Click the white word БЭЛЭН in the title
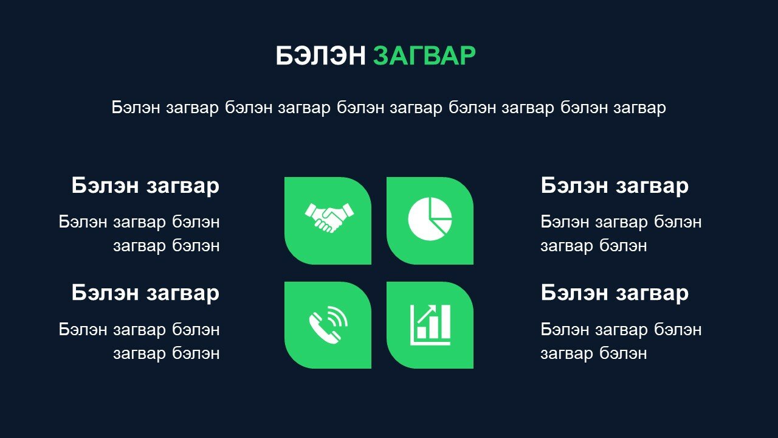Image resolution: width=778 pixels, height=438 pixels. pos(320,55)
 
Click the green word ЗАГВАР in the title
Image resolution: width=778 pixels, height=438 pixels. pos(424,55)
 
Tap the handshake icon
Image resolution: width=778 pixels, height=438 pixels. pos(329,218)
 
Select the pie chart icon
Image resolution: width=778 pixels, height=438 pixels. pos(430,218)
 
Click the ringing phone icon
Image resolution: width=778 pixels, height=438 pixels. pos(328,325)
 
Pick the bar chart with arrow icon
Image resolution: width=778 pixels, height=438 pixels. pos(430,325)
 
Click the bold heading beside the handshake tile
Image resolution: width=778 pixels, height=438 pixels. pos(145,186)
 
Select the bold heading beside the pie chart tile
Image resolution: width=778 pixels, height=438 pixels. pos(614,186)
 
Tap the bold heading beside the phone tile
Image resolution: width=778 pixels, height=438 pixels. pos(145,293)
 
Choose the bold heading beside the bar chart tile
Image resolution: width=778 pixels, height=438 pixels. pos(614,293)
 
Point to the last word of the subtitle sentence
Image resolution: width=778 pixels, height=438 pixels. pos(640,108)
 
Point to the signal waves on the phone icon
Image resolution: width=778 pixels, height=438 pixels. pos(337,317)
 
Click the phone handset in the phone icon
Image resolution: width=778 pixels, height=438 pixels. pos(323,329)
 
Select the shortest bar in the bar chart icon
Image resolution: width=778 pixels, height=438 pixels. pos(421,332)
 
